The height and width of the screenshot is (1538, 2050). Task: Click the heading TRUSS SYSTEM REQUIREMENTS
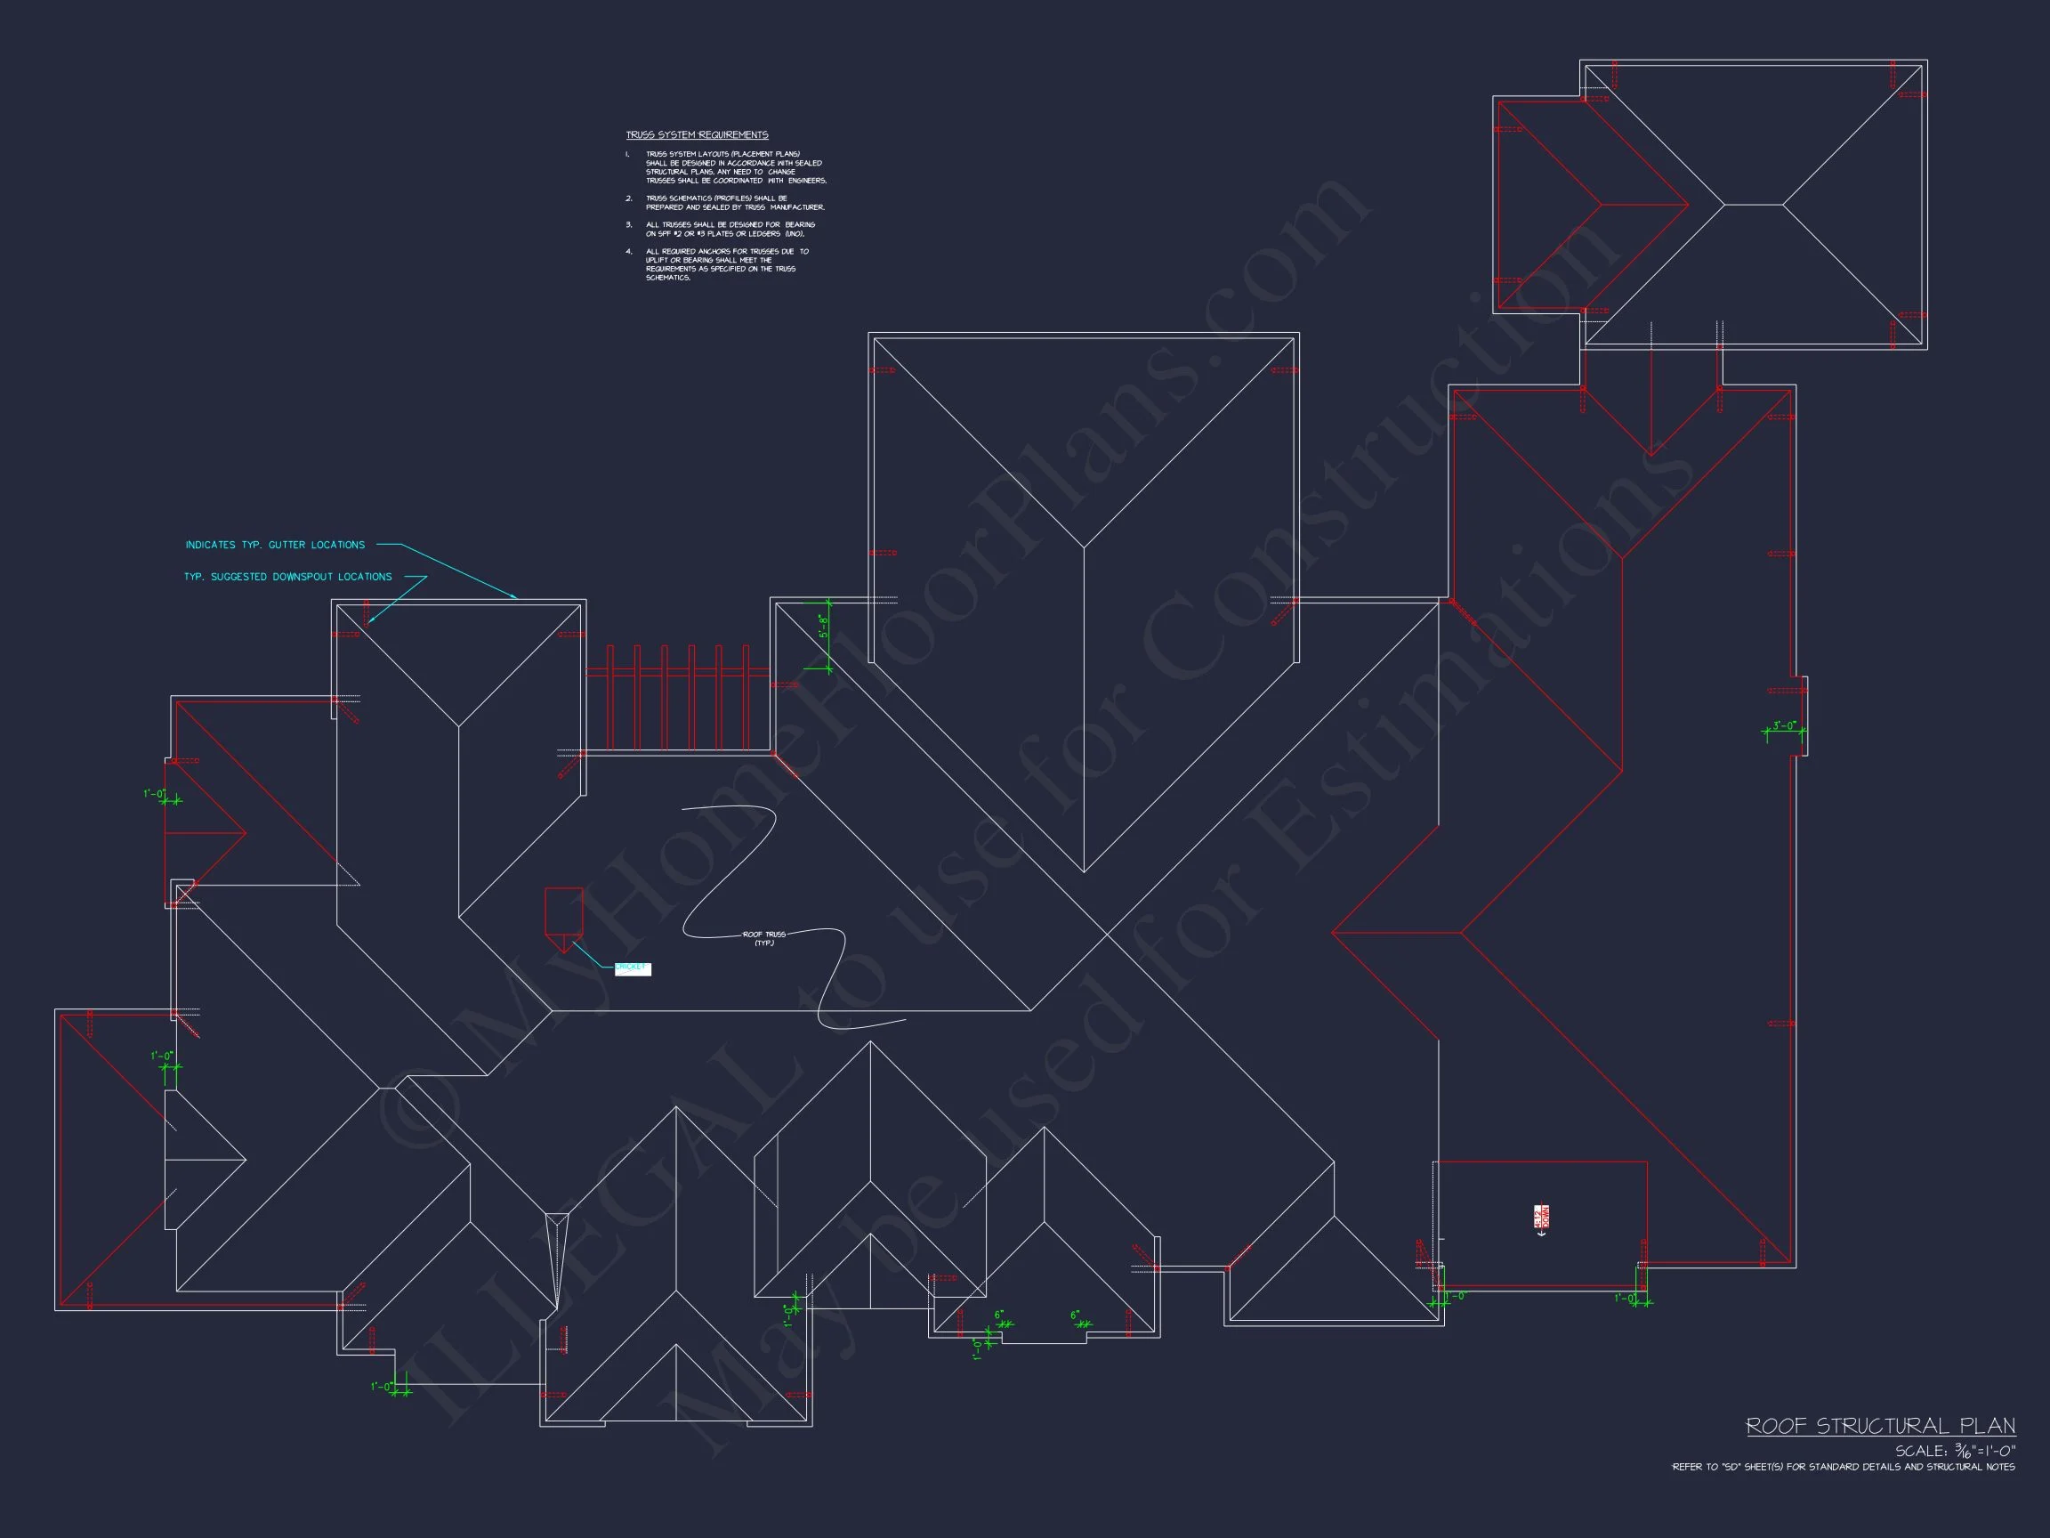click(697, 135)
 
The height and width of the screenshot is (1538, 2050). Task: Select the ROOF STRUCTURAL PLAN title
click(1880, 1426)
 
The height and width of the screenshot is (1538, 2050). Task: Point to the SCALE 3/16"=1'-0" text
click(1955, 1451)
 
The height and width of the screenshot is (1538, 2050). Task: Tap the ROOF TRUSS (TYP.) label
click(763, 938)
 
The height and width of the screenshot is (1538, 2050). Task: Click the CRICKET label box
click(632, 968)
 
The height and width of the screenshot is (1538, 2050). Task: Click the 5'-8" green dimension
click(822, 627)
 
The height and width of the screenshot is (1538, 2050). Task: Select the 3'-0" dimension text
click(1784, 725)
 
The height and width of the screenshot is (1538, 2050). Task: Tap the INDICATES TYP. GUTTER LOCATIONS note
click(275, 545)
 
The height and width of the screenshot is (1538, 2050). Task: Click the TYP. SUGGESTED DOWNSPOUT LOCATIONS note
click(287, 577)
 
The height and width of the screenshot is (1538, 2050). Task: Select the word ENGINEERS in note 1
click(807, 181)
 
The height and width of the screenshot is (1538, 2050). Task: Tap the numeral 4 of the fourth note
click(628, 251)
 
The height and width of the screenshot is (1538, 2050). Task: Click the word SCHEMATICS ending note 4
click(668, 278)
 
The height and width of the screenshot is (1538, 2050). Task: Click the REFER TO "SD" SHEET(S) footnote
click(1843, 1467)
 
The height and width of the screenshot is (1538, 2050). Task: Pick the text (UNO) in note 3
click(795, 235)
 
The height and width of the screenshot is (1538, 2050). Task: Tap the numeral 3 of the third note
click(628, 224)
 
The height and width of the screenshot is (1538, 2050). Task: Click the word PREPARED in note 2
click(665, 207)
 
